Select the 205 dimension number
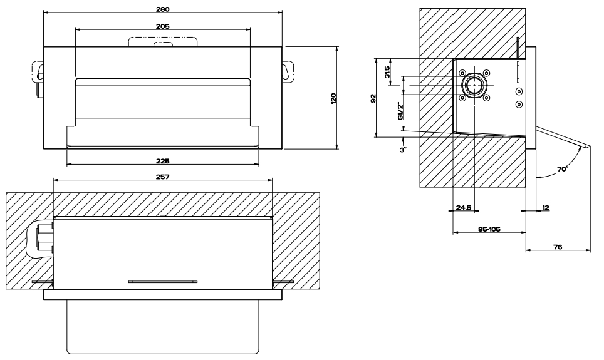pos(163,26)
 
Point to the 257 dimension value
pos(163,177)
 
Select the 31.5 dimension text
pos(388,72)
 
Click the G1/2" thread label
pos(399,110)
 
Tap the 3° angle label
pos(404,149)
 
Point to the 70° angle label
pos(561,169)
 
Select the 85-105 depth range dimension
pos(488,229)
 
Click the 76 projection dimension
pos(557,248)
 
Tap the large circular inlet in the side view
pos(474,85)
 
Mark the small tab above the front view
pos(163,42)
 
